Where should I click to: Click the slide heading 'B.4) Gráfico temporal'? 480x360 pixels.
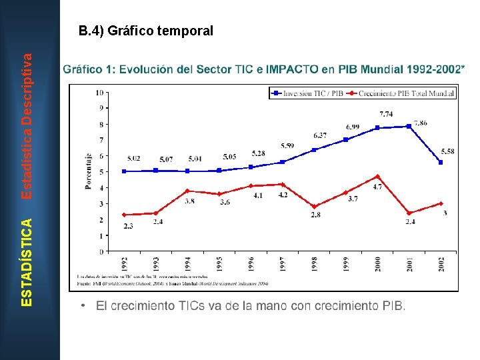tap(145, 31)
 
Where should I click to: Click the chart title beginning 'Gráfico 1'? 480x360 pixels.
tap(264, 69)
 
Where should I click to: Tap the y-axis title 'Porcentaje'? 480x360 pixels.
tap(88, 171)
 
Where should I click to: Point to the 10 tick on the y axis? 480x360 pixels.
tap(99, 92)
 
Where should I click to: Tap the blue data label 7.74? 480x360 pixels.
tap(386, 114)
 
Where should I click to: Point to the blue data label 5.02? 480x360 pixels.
tap(134, 159)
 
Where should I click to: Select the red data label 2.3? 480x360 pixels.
tap(128, 227)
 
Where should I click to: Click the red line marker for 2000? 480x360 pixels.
tap(378, 177)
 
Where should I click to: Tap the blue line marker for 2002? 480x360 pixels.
tap(441, 162)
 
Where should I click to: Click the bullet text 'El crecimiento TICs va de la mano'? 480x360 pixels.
tap(250, 306)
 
